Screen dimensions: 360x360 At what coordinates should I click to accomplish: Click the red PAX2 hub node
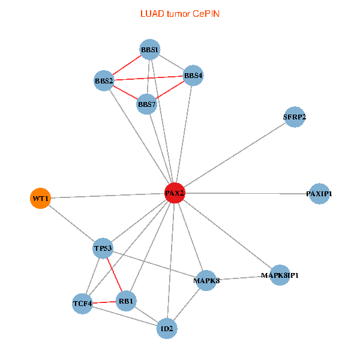174,193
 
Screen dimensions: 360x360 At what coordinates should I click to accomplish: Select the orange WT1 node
40,198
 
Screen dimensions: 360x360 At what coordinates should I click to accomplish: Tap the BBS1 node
149,49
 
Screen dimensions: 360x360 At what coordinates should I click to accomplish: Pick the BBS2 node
104,80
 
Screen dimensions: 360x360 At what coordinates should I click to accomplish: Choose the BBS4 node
193,76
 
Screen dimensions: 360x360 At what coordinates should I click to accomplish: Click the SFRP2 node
294,116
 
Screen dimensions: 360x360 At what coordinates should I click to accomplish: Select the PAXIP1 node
319,194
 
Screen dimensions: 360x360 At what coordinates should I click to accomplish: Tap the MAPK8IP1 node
280,275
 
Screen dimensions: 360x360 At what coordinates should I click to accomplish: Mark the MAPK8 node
206,280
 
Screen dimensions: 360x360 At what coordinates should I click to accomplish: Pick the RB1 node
127,301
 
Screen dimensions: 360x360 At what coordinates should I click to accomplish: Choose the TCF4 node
82,304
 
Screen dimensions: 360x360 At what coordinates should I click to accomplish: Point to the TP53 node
103,248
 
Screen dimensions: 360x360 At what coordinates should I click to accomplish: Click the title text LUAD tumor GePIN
179,13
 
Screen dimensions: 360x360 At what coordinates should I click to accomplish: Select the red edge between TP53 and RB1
115,274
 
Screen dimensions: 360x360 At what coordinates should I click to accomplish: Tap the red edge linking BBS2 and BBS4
149,78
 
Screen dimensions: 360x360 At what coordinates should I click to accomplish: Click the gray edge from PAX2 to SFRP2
234,155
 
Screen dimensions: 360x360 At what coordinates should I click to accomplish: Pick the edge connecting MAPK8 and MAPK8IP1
243,278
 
